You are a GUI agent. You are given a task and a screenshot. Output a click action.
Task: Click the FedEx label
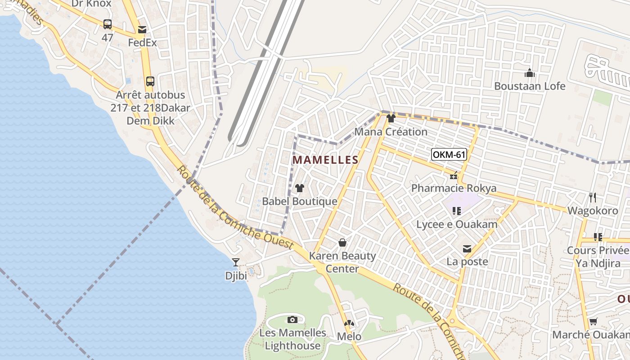(x=142, y=43)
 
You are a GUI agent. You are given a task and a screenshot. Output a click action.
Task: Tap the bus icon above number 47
(x=107, y=24)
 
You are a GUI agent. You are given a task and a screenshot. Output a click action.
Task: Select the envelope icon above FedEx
(x=142, y=30)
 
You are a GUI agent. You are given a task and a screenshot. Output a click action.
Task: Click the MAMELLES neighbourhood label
(x=325, y=160)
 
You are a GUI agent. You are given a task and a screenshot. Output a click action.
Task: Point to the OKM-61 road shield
(x=449, y=155)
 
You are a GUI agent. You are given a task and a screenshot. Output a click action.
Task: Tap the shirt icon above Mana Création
(x=391, y=119)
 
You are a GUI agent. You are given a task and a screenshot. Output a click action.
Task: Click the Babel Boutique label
(x=299, y=201)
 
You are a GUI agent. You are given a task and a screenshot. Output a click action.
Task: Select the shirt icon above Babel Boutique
(x=299, y=188)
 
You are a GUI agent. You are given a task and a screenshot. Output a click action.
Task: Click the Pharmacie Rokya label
(x=454, y=188)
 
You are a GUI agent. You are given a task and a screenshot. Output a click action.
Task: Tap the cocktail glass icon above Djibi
(x=236, y=262)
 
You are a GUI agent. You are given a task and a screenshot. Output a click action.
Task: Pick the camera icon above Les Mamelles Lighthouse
(x=292, y=320)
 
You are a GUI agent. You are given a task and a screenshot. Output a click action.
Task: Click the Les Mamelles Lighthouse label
(x=292, y=339)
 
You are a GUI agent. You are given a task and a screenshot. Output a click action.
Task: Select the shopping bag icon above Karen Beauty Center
(x=342, y=243)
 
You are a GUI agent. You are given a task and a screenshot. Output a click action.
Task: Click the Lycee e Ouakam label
(x=457, y=225)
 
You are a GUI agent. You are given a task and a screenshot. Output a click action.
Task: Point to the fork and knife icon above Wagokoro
(x=592, y=198)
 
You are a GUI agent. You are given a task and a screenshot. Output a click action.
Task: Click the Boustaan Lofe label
(x=530, y=86)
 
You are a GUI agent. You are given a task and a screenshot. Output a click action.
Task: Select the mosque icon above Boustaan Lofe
(x=530, y=73)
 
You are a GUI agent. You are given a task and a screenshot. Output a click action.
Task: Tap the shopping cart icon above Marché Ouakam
(x=593, y=322)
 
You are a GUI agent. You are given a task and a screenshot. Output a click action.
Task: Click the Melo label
(x=349, y=337)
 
